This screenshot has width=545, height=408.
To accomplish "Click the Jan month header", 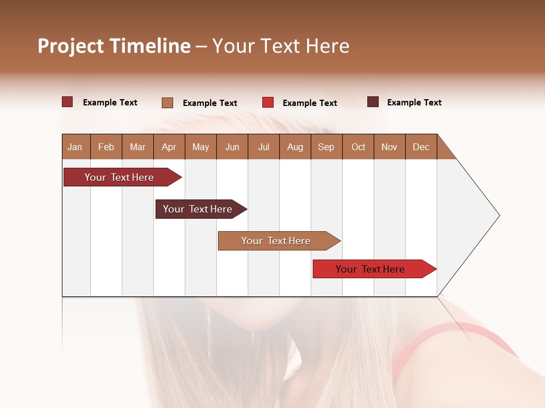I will pyautogui.click(x=75, y=147).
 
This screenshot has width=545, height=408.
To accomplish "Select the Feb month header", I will pyautogui.click(x=106, y=147).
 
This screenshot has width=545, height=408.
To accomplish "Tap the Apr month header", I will pyautogui.click(x=169, y=147).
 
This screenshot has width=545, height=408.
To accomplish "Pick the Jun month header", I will pyautogui.click(x=232, y=147).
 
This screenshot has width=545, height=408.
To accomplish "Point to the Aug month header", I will pyautogui.click(x=295, y=147).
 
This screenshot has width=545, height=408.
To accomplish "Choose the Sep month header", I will pyautogui.click(x=326, y=147).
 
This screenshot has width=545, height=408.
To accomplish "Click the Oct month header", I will pyautogui.click(x=358, y=147).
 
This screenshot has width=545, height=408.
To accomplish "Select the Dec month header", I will pyautogui.click(x=421, y=147).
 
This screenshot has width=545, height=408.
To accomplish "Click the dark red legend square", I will pyautogui.click(x=67, y=102).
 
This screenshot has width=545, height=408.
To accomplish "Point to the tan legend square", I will pyautogui.click(x=167, y=103).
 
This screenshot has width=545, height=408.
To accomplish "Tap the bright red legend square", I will pyautogui.click(x=268, y=103).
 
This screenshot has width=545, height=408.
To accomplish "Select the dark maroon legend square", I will pyautogui.click(x=373, y=102).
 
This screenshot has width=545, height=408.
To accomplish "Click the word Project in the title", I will pyautogui.click(x=70, y=46).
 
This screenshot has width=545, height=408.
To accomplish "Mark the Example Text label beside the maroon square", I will pyautogui.click(x=414, y=103).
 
